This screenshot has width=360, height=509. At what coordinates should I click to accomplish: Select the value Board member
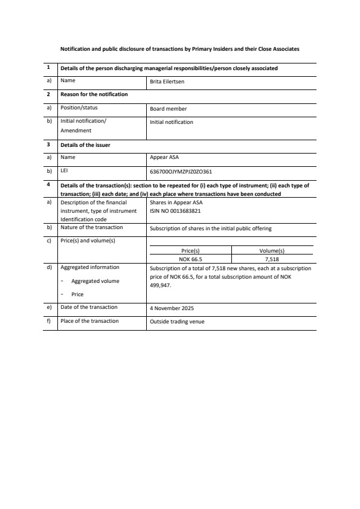click(168, 109)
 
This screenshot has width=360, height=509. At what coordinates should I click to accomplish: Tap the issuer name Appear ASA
click(162, 158)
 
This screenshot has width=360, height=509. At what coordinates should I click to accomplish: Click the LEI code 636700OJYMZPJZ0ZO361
click(181, 172)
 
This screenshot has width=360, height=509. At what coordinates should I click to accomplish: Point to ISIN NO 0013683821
click(175, 211)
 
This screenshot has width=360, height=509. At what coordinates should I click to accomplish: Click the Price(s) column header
click(190, 250)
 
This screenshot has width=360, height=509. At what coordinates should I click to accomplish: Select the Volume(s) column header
click(271, 250)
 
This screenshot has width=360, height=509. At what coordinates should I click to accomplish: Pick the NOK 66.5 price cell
click(190, 259)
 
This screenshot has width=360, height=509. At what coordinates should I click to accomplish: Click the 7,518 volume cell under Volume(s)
click(271, 259)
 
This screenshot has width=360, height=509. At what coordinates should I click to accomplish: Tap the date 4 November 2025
click(172, 308)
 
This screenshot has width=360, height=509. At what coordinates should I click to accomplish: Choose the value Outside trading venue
click(177, 322)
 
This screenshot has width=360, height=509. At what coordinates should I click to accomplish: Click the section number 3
click(48, 144)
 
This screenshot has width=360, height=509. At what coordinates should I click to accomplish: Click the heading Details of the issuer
click(85, 145)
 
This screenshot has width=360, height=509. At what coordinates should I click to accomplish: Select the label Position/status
click(79, 108)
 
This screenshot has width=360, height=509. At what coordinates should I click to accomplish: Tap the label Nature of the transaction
click(92, 227)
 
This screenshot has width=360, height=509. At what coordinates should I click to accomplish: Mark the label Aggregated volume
click(95, 281)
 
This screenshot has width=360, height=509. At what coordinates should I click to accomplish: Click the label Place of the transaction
click(89, 321)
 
